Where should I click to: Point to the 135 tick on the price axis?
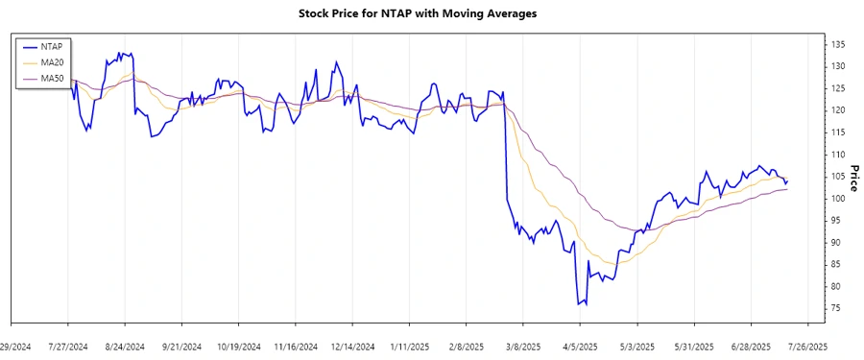838,44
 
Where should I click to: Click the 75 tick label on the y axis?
836,308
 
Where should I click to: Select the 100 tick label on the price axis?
838,199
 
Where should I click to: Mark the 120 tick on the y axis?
838,110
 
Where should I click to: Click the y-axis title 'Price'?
853,177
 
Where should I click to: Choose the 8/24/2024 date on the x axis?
125,346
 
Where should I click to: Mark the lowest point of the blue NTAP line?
579,305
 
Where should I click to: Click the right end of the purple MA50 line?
788,189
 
